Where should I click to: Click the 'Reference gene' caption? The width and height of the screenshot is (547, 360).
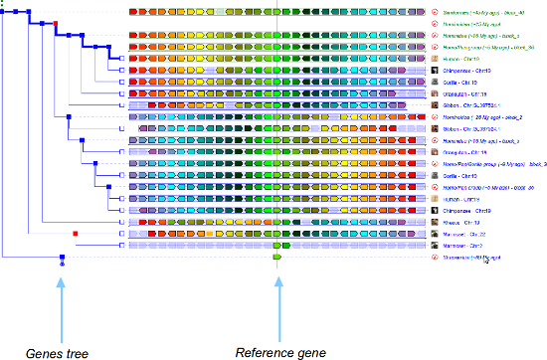[275, 350]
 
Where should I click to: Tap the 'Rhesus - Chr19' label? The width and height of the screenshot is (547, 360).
[466, 222]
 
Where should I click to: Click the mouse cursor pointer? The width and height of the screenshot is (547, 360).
[485, 260]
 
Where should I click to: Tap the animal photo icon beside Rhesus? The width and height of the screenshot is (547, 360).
[436, 222]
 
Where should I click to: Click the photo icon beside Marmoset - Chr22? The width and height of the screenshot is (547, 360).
[436, 234]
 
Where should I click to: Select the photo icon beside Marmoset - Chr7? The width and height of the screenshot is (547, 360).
[436, 246]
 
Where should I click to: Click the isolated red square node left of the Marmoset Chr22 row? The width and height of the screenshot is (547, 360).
[76, 234]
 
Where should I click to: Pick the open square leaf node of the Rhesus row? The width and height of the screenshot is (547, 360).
[120, 222]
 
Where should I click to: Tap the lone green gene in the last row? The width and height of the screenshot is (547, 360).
[277, 258]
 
